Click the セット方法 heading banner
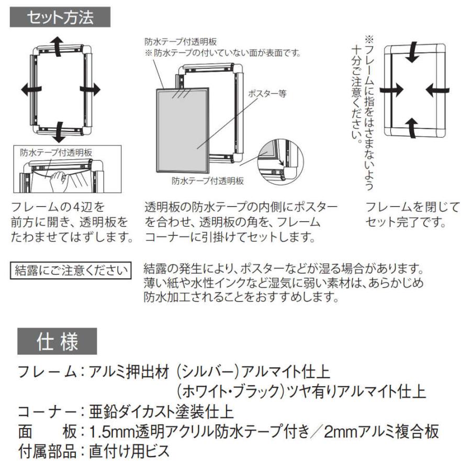coord(60,18)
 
